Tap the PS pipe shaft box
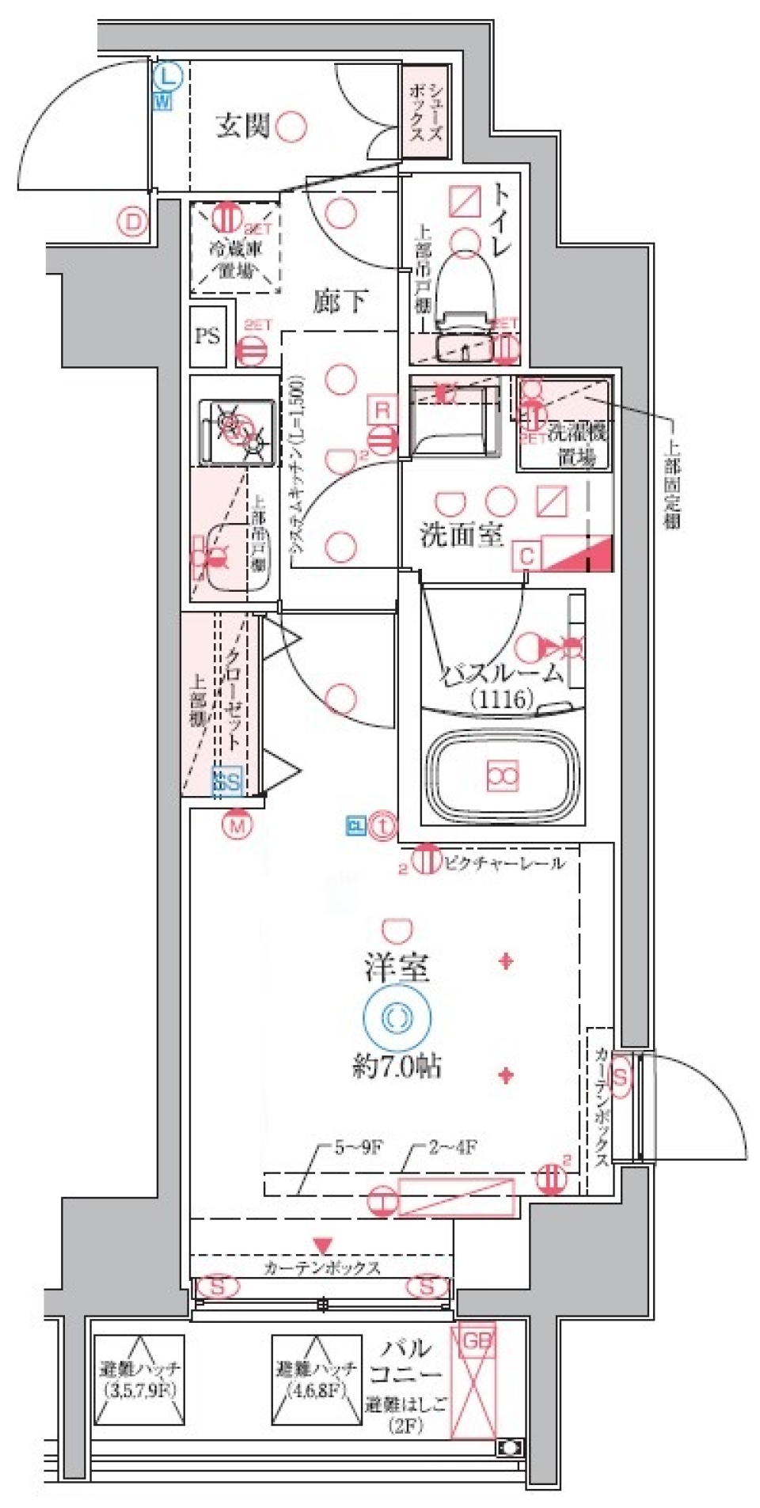207,336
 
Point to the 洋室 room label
397,968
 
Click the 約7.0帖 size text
397,1067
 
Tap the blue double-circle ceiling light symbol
397,1017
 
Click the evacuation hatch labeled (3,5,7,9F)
139,1379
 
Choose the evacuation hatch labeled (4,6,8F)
316,1379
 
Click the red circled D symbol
133,222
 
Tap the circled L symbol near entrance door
167,77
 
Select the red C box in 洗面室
526,556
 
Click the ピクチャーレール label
503,863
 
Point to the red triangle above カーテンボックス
321,1245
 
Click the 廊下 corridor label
340,301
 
